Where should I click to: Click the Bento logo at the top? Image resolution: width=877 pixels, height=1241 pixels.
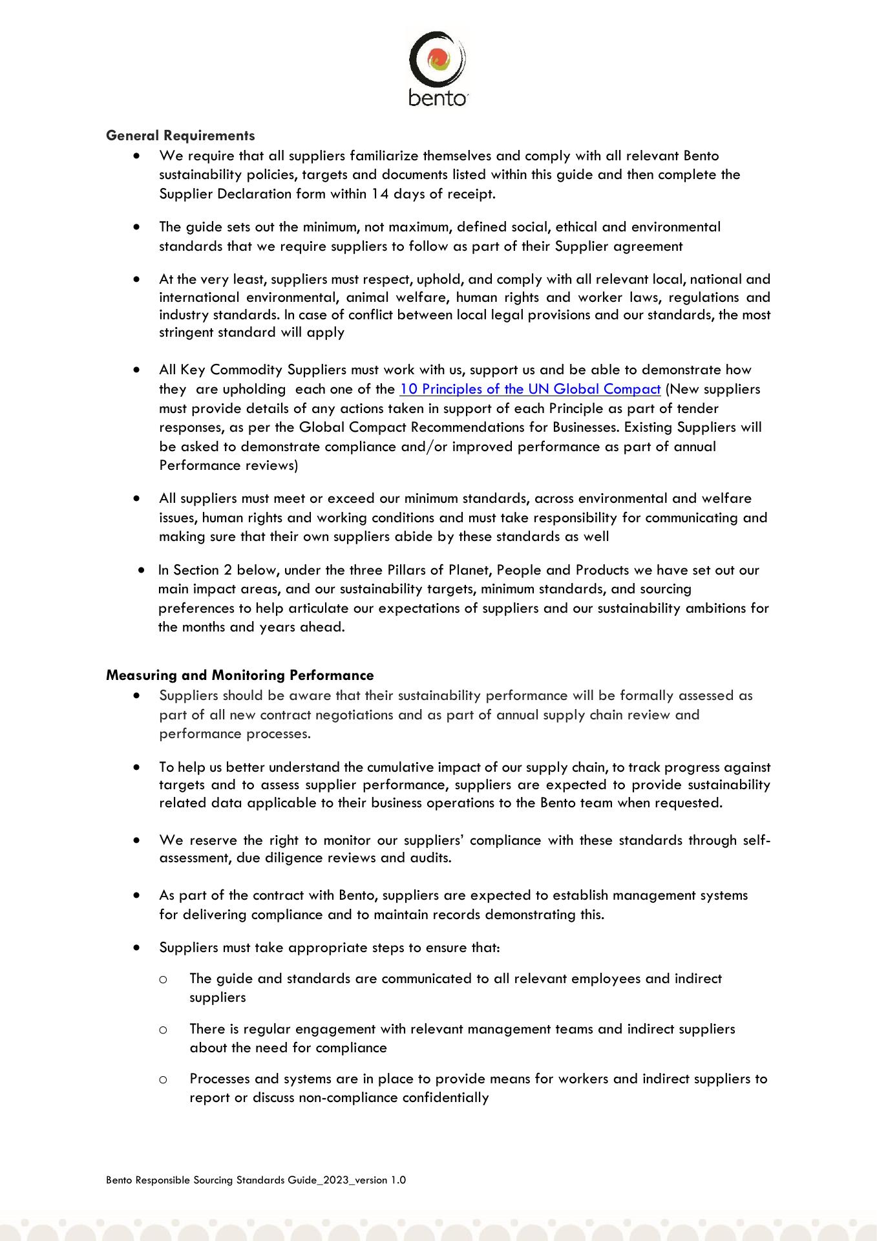(x=438, y=68)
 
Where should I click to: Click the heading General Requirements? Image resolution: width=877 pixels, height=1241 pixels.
(x=180, y=136)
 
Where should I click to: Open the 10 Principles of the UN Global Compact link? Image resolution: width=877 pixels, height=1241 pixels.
(x=530, y=389)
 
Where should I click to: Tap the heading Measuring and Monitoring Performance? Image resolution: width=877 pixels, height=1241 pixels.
(x=240, y=675)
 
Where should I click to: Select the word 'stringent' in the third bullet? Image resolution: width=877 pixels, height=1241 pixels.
(x=185, y=333)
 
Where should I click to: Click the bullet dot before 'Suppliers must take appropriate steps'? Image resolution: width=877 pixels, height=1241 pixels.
(x=136, y=948)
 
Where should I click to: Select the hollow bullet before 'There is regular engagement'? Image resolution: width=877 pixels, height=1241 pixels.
(x=164, y=1029)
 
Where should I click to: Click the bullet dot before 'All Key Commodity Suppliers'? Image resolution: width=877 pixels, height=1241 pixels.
(x=136, y=370)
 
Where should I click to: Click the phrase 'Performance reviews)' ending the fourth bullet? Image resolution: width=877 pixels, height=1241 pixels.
(x=228, y=465)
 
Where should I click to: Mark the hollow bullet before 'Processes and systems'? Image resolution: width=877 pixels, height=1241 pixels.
(x=164, y=1079)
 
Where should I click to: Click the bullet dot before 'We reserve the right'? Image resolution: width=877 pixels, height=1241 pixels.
(x=136, y=840)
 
